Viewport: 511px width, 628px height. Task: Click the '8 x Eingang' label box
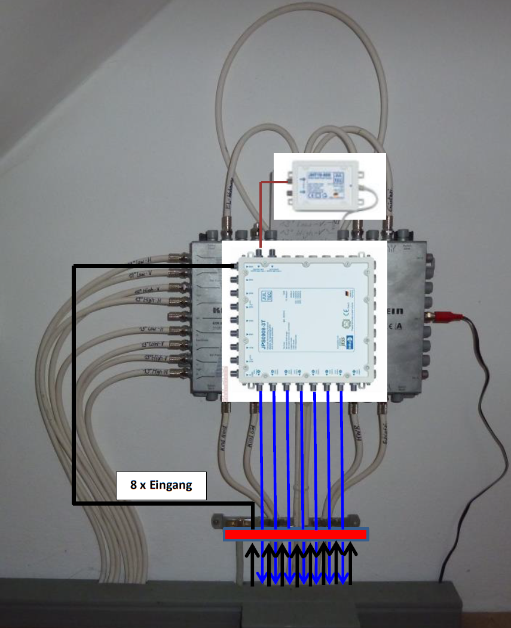pyautogui.click(x=161, y=485)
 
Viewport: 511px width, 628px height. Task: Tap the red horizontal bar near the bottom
pyautogui.click(x=296, y=534)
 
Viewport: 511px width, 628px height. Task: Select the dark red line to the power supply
pyautogui.click(x=261, y=215)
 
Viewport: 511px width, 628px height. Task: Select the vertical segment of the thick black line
pyautogui.click(x=74, y=382)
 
